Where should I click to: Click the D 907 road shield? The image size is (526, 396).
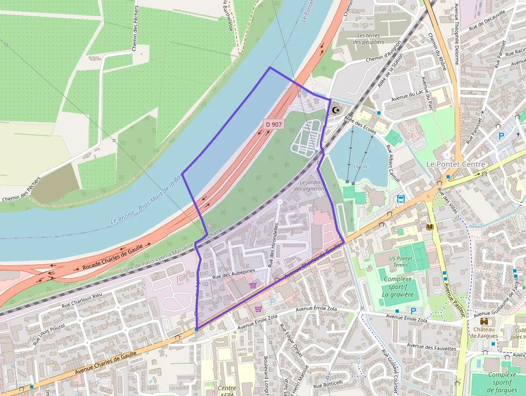[x=274, y=125]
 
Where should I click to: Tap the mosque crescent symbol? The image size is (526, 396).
[x=337, y=110]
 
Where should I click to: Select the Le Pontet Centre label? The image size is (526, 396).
[x=455, y=164]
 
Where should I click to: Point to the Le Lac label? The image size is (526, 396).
[x=361, y=167]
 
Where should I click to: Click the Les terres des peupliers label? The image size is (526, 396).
[x=370, y=38]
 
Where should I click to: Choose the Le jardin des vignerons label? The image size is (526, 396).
[x=310, y=185]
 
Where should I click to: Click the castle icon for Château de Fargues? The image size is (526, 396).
[x=484, y=321]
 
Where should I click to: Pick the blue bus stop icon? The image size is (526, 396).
[x=401, y=199]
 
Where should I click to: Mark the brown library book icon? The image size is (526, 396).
[x=429, y=227]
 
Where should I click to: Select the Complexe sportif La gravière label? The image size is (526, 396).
[x=398, y=287]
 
